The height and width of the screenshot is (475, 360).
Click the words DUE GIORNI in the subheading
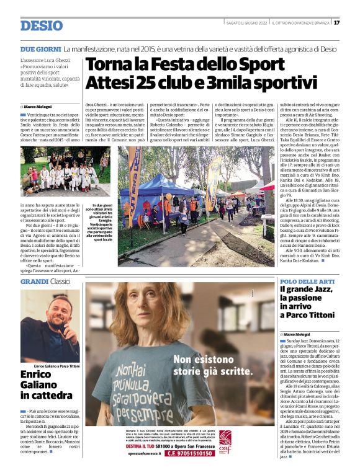click(40, 48)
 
